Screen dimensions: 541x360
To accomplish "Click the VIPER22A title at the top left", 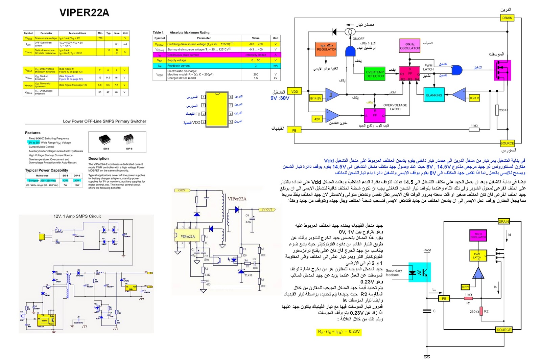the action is pyautogui.click(x=84, y=13).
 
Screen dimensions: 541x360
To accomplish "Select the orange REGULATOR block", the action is pyautogui.click(x=326, y=47).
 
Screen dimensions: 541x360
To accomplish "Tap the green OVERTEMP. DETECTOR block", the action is pyautogui.click(x=375, y=74).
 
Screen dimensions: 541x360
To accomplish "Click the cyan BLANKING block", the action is pyautogui.click(x=434, y=95).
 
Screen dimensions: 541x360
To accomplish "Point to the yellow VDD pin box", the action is pyautogui.click(x=295, y=91).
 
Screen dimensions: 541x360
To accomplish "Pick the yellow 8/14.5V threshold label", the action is pyautogui.click(x=315, y=98).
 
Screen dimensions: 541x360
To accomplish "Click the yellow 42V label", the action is pyautogui.click(x=317, y=119).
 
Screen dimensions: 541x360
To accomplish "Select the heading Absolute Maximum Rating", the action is pyautogui.click(x=189, y=32).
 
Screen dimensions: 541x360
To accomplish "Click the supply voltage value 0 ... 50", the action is pyautogui.click(x=256, y=60).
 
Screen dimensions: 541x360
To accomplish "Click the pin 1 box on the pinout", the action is pyautogui.click(x=203, y=97).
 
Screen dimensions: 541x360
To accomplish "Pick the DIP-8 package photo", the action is pyautogui.click(x=129, y=139).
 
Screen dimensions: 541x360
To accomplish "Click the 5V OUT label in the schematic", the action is pyautogui.click(x=266, y=209).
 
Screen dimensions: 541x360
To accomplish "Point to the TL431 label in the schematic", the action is pyautogui.click(x=248, y=275).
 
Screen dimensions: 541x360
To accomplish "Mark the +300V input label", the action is pyautogui.click(x=181, y=190).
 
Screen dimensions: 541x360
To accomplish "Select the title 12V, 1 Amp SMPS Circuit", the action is pyautogui.click(x=77, y=216).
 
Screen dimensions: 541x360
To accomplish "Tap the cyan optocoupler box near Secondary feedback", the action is pyautogui.click(x=419, y=272).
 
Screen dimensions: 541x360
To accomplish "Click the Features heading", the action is pyautogui.click(x=32, y=133).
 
